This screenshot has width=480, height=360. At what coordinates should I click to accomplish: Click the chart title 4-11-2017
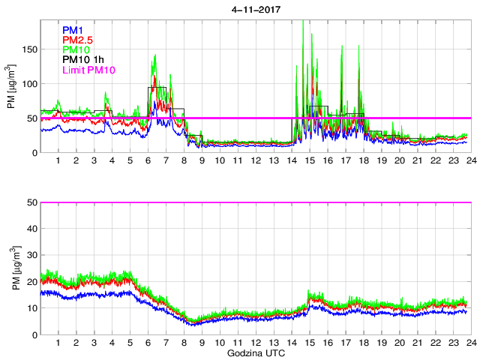[255, 10]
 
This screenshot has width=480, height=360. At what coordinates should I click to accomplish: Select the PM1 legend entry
[73, 30]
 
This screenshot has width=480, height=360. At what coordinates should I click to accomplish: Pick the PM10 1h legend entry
[85, 59]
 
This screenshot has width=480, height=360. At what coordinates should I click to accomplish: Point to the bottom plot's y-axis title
[13, 268]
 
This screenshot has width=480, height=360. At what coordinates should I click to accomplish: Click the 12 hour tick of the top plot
[256, 161]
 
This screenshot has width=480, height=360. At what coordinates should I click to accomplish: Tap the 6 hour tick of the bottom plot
[148, 343]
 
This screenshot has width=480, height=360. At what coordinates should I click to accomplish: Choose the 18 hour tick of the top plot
[363, 161]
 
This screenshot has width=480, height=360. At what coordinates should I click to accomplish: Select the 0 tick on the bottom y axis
[32, 334]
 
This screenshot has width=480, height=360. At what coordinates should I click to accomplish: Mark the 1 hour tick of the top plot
[58, 161]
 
